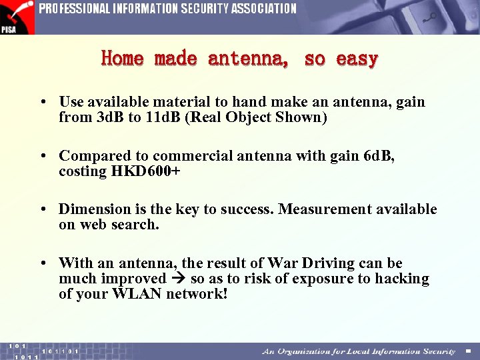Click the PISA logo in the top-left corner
click(17, 17)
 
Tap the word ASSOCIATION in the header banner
click(264, 9)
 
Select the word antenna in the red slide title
click(248, 59)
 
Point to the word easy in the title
click(357, 59)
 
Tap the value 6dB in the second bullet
click(379, 156)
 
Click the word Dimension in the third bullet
click(92, 209)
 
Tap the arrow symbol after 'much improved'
click(178, 279)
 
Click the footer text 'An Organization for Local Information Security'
click(359, 351)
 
